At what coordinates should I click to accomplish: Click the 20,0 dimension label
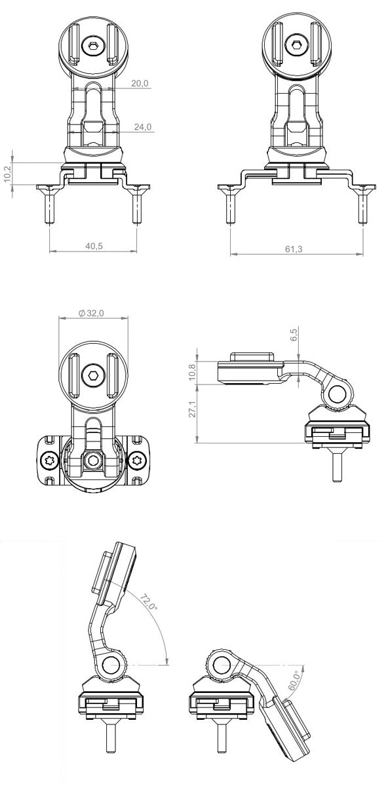(x=140, y=83)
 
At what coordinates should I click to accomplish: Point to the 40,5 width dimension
(x=93, y=246)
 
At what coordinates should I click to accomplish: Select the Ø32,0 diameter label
(x=90, y=314)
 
